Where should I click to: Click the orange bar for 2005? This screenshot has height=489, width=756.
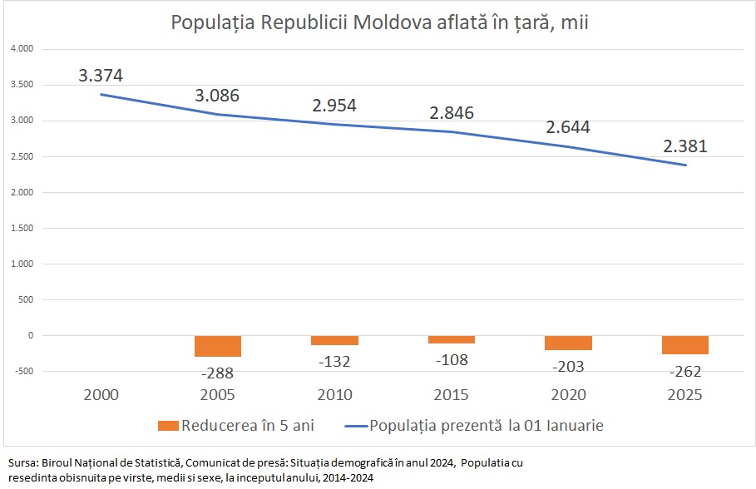[218, 346]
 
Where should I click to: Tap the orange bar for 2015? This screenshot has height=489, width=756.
[452, 339]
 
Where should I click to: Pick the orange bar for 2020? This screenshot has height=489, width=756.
[568, 343]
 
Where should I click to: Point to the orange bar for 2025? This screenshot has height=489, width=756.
[685, 345]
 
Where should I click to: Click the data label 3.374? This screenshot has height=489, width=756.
[101, 76]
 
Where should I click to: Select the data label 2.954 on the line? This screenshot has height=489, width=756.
[334, 106]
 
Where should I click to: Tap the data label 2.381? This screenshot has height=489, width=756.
[685, 146]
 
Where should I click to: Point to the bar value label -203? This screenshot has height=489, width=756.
[568, 366]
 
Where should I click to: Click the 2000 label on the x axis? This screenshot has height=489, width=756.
[101, 394]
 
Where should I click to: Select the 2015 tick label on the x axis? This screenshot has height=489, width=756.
[452, 394]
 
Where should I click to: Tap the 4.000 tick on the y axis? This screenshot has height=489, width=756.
[21, 49]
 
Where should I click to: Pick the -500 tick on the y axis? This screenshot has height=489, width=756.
[23, 372]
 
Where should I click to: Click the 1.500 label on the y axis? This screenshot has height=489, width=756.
[21, 229]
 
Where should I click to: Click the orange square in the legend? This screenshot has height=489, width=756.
[168, 426]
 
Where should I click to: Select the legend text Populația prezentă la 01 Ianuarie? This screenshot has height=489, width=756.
[487, 426]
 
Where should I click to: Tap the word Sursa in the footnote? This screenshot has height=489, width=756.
[21, 462]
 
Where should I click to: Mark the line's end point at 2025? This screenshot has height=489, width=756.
[685, 165]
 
